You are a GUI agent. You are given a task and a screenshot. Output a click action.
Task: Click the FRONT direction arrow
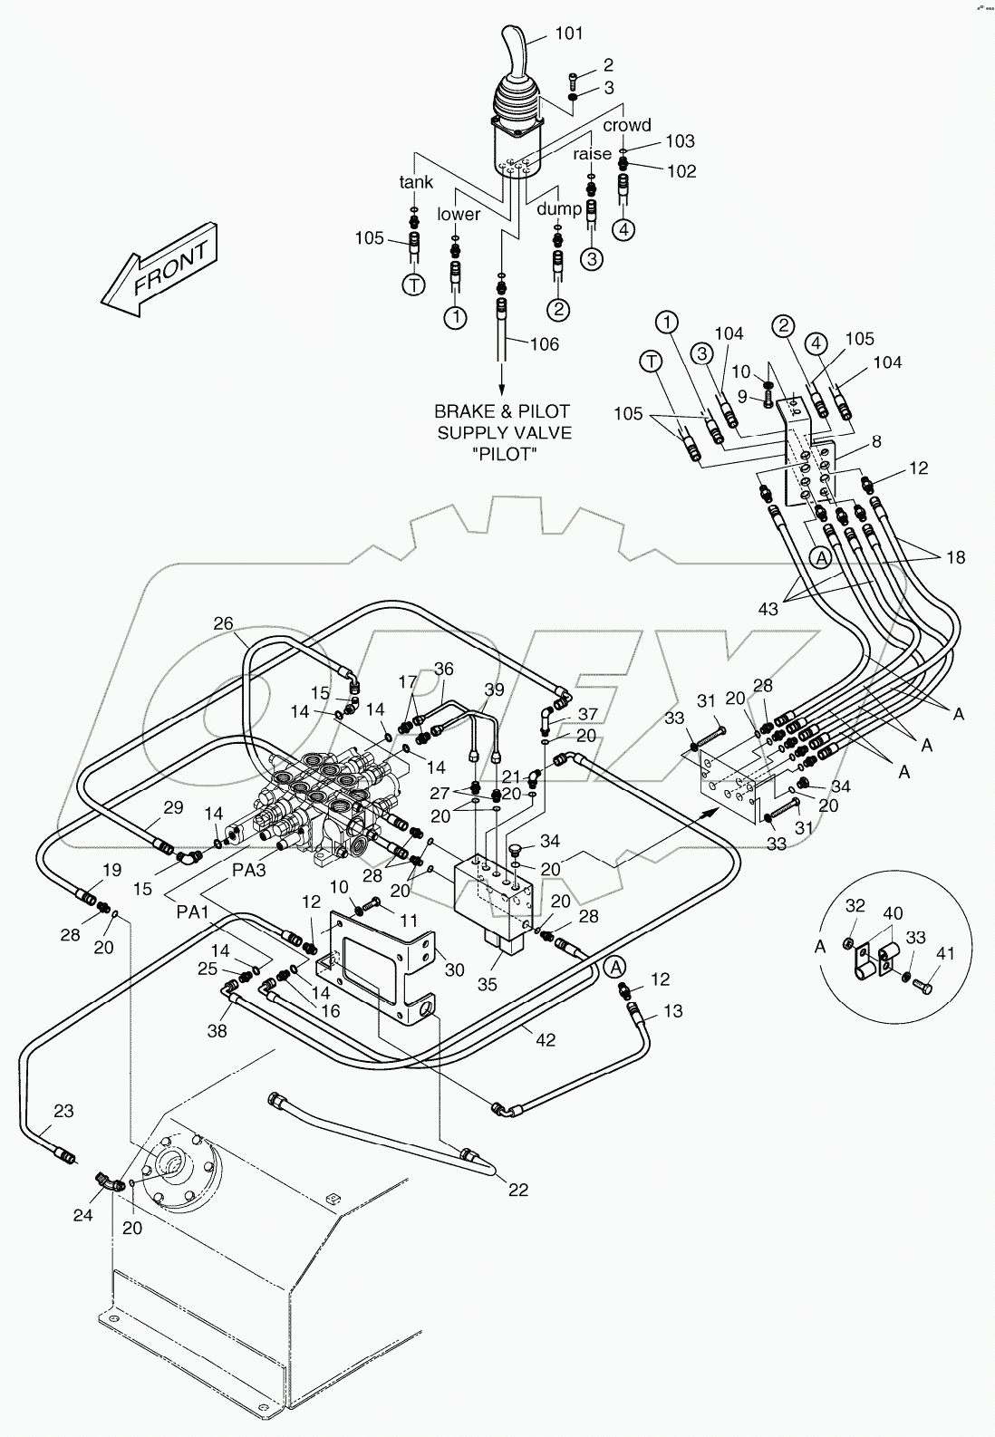coord(161,269)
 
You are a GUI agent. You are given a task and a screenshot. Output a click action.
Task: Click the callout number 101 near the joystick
coord(568,34)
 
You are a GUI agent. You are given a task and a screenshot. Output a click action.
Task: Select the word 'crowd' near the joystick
coord(627,125)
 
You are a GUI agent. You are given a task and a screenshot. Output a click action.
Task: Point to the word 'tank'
coord(417,182)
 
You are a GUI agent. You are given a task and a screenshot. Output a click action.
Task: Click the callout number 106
coord(544,344)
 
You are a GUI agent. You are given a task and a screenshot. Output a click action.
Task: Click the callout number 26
coord(224,623)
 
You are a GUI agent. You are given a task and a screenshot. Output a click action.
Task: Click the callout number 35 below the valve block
coord(488,984)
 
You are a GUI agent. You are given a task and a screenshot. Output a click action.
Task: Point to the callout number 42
coord(544,1041)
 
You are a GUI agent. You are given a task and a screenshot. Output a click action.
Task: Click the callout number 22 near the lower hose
coord(517,1190)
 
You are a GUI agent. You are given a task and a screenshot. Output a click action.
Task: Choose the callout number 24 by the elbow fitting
coord(83,1216)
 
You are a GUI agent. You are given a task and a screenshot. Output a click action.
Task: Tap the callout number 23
coord(63,1111)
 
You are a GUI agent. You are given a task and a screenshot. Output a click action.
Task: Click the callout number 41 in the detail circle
coord(946,953)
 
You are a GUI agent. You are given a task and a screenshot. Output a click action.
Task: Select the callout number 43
coord(768,610)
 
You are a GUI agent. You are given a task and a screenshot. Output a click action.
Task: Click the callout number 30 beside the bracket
coord(455,969)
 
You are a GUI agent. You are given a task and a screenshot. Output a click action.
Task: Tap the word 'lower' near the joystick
coord(459,215)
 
